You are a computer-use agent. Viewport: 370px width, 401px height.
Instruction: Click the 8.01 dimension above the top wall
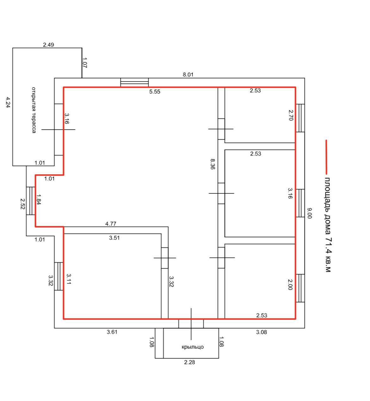[x=188, y=75]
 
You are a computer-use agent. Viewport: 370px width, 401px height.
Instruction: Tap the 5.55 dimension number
[x=155, y=92]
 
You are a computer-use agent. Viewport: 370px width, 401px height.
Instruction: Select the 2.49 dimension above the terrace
[x=48, y=45]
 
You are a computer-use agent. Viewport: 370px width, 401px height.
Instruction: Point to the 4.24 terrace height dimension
[x=8, y=102]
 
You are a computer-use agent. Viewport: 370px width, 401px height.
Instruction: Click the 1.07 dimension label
[x=84, y=63]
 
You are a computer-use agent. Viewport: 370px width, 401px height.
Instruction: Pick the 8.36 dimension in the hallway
[x=213, y=164]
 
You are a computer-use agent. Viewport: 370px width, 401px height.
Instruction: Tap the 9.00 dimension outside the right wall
[x=309, y=213]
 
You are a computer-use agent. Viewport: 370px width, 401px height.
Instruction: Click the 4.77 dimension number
[x=111, y=224]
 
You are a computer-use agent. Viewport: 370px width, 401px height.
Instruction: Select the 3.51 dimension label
[x=114, y=238]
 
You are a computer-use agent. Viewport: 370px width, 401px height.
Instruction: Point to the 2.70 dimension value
[x=291, y=115]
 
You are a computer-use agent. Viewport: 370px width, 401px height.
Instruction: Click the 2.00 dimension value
[x=290, y=285]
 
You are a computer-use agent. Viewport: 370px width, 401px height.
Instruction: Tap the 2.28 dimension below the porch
[x=189, y=362]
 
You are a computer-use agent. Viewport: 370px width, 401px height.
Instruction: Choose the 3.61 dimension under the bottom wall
[x=112, y=332]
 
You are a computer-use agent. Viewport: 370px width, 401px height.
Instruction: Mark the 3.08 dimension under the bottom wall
[x=262, y=332]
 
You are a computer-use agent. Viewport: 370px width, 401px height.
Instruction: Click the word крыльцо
[x=193, y=347]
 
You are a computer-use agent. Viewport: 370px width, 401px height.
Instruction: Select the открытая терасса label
[x=34, y=110]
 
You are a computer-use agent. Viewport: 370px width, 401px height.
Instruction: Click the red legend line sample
[x=326, y=157]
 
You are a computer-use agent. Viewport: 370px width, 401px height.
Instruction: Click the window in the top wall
[x=134, y=82]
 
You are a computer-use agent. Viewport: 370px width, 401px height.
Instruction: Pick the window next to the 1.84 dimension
[x=30, y=201]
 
